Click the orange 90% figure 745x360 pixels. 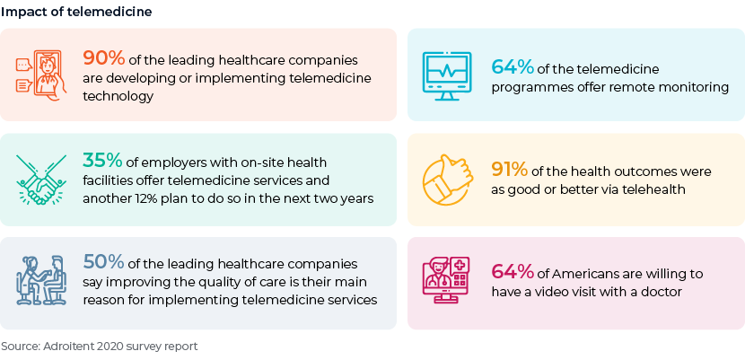104,58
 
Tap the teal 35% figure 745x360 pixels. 102,161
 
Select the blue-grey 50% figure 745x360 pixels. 104,261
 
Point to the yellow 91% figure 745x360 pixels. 509,169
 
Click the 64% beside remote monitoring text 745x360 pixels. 513,67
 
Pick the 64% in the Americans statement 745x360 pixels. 513,272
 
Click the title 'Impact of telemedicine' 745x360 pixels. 76,12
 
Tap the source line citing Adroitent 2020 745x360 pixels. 100,347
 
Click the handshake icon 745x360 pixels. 41,180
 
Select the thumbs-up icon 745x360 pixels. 448,179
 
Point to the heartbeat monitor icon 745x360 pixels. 447,76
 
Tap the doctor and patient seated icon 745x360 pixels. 41,280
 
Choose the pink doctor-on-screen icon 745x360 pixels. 446,281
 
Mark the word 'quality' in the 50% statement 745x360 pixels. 244,283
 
